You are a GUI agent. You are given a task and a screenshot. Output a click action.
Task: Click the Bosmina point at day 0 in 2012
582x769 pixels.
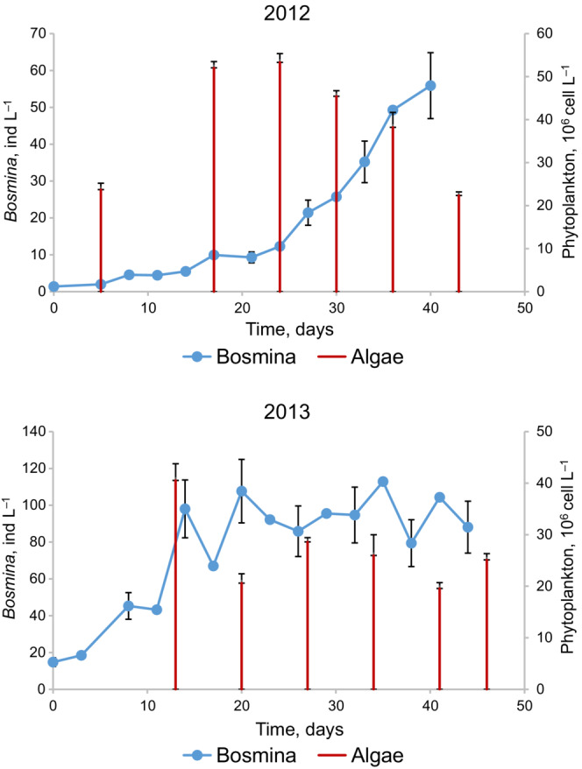(53, 286)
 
